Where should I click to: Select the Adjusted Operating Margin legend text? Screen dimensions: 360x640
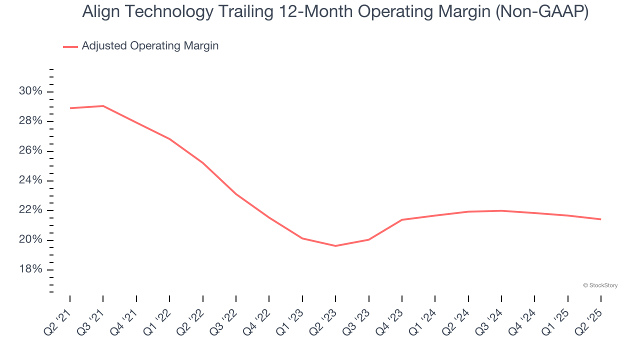coord(150,46)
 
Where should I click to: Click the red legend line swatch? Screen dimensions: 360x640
coord(70,46)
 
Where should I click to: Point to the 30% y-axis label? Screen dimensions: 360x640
coord(31,91)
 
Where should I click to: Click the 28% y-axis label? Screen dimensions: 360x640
coord(31,121)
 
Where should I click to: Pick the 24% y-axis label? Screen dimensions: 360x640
coord(31,180)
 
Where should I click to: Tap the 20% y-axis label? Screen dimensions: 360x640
coord(31,240)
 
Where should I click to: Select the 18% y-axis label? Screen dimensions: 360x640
coord(31,269)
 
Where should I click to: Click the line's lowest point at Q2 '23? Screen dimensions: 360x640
coord(335,245)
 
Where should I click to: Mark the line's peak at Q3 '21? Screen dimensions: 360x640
coord(103,106)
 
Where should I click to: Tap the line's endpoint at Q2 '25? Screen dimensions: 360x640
coord(600,219)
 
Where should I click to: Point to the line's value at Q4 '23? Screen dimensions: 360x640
coord(402,219)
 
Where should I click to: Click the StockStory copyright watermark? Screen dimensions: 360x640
coord(600,285)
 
